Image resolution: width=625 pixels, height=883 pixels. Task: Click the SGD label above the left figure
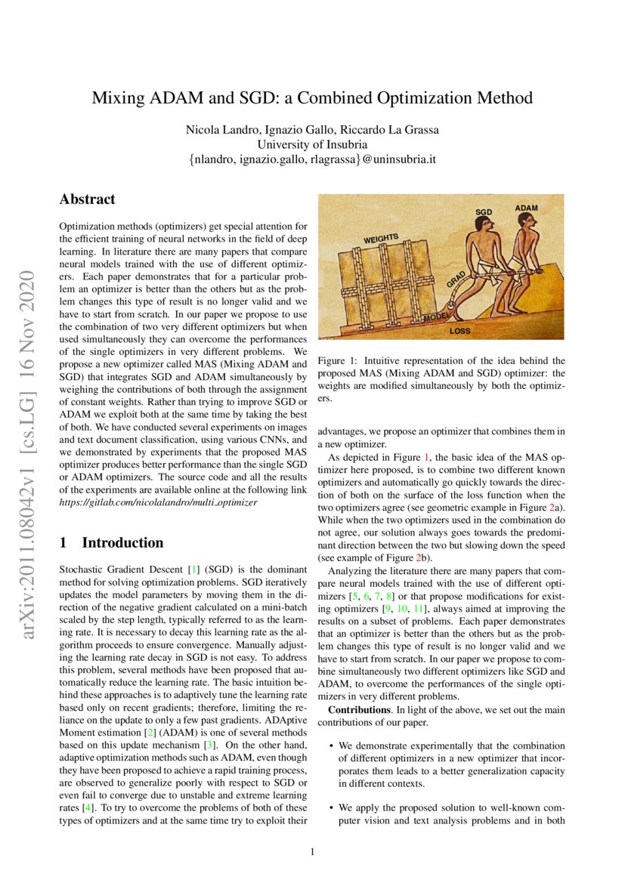click(x=484, y=212)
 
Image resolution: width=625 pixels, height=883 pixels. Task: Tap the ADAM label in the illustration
click(x=526, y=207)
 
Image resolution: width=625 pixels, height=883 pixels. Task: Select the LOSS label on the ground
click(x=460, y=331)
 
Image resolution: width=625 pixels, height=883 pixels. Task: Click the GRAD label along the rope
click(x=455, y=279)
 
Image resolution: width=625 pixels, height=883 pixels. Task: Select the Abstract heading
click(x=87, y=199)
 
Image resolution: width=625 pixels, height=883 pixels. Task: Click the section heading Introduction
click(x=122, y=542)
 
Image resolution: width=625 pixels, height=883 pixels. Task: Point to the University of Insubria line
click(x=312, y=144)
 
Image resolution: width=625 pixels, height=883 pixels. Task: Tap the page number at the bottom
click(x=312, y=853)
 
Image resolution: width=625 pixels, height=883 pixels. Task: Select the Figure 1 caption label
click(x=337, y=361)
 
